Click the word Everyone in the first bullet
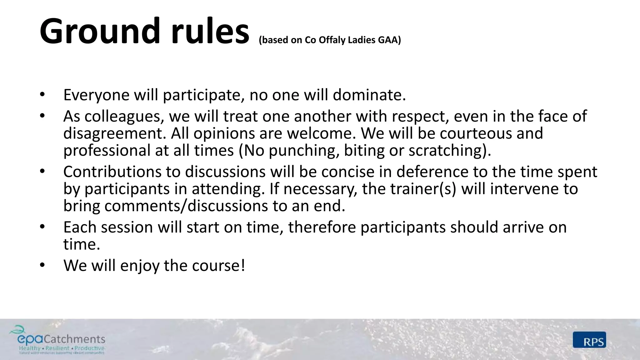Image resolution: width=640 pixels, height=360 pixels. point(96,95)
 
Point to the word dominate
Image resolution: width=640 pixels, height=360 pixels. point(369,95)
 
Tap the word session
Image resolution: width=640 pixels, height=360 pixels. point(127,227)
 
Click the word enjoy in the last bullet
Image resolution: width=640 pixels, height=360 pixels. point(140,266)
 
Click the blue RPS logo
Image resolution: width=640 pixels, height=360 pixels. point(589,340)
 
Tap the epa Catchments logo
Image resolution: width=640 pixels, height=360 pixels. point(57,340)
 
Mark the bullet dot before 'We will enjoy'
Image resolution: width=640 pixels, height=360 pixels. point(42,265)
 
